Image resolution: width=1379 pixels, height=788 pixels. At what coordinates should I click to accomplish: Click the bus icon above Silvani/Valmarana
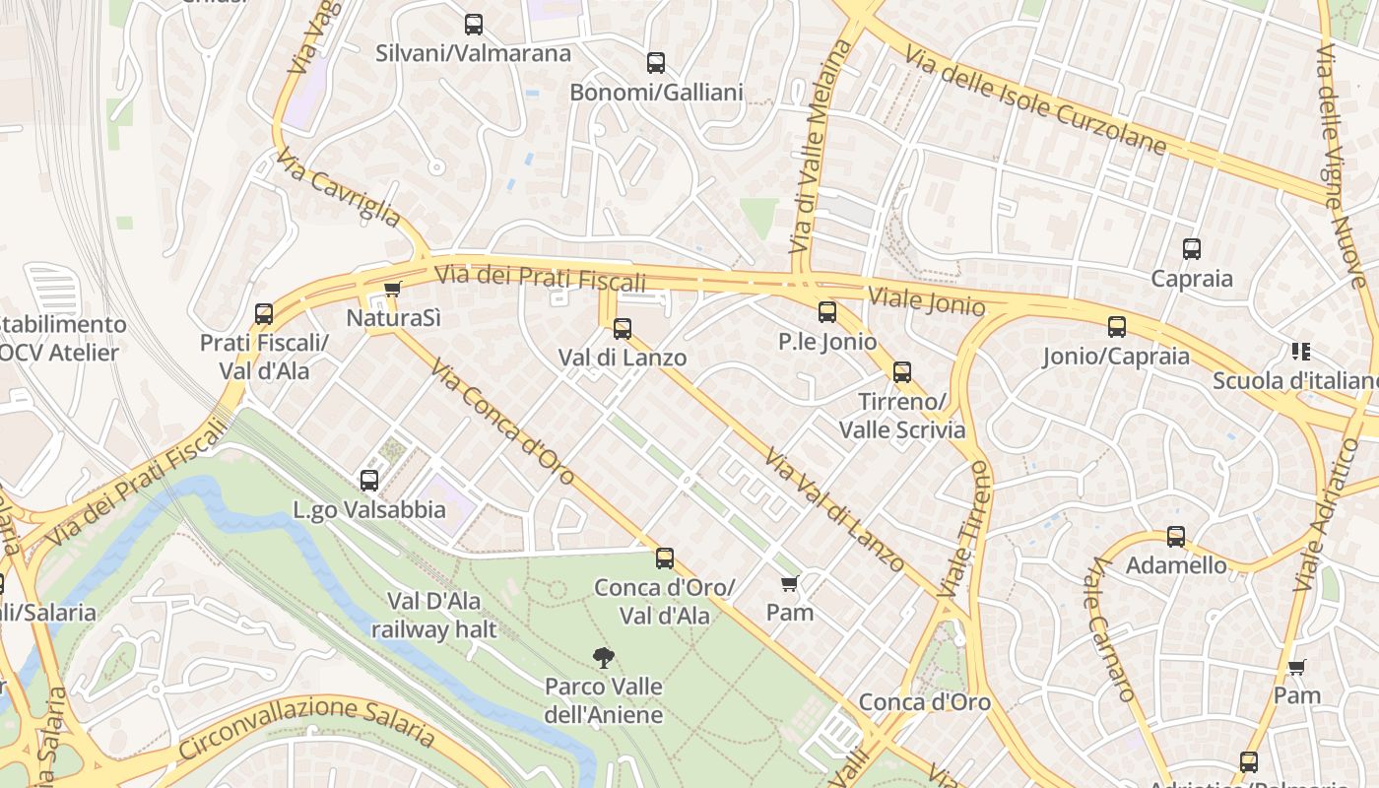[x=474, y=25]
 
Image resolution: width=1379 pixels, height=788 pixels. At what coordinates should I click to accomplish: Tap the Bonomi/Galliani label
[x=656, y=93]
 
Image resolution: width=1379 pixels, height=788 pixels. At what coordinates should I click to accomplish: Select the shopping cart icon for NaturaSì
[x=393, y=290]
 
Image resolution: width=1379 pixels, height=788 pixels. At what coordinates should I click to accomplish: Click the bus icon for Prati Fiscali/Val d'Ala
[x=264, y=314]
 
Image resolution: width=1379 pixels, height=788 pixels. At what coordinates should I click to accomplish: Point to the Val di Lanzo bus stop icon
[x=623, y=329]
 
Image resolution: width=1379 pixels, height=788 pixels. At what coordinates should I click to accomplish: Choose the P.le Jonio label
[x=826, y=342]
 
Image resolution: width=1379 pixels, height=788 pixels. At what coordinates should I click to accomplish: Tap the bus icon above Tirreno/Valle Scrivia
[x=902, y=372]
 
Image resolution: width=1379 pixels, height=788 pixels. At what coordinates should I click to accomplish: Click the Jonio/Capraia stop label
[x=1116, y=356]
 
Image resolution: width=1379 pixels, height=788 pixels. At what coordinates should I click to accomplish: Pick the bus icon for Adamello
[x=1176, y=537]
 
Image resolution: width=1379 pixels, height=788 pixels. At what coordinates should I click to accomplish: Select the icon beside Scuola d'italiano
[x=1300, y=352]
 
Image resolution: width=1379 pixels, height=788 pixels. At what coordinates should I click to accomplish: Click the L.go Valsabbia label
[x=369, y=510]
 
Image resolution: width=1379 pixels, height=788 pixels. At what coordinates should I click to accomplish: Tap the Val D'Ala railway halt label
[x=434, y=615]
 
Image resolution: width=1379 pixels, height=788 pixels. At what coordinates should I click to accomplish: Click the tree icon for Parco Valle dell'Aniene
[x=603, y=657]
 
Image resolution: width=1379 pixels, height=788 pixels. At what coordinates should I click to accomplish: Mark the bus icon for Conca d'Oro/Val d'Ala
[x=665, y=558]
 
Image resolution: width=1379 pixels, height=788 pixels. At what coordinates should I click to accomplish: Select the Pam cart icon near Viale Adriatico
[x=1297, y=667]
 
